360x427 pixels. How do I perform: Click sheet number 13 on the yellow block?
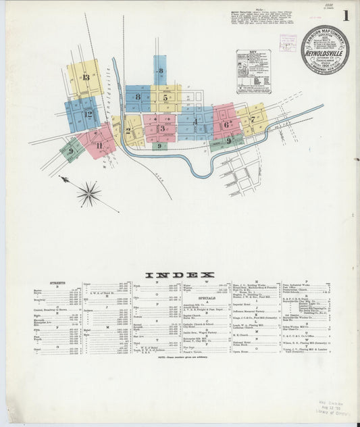pos(86,77)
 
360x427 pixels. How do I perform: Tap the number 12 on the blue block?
pos(89,114)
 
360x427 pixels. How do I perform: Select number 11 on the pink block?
pos(99,145)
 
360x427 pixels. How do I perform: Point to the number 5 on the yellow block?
pos(165,97)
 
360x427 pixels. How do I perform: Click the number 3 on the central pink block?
pos(162,128)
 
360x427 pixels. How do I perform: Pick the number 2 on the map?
pos(128,131)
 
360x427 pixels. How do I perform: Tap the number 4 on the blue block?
pos(195,122)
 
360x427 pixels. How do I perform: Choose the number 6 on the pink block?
pos(227,124)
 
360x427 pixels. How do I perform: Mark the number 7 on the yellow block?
pos(253,120)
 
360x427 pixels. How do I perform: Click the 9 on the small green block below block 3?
pos(159,146)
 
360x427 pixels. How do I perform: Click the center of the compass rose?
pos(88,195)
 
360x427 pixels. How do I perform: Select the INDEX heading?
pos(180,274)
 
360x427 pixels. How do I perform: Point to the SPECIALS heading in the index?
pos(207,297)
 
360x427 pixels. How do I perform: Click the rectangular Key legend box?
pos(253,71)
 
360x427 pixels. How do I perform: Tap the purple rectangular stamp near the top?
pos(288,42)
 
